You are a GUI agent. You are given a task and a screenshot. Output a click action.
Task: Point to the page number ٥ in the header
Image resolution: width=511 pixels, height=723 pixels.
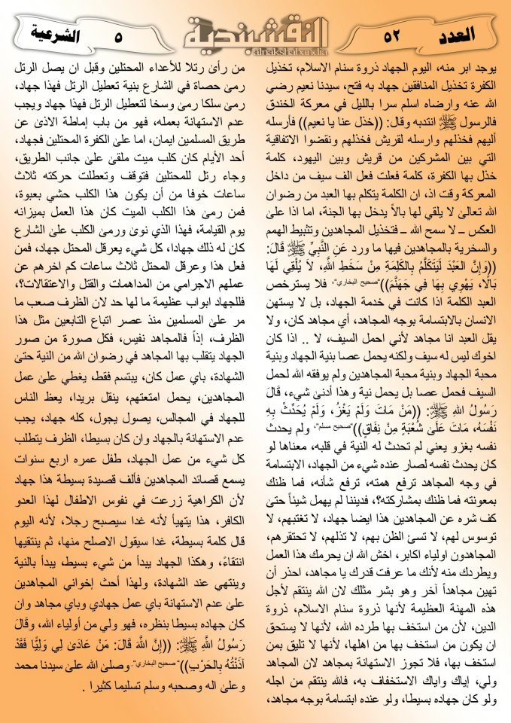[118, 35]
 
